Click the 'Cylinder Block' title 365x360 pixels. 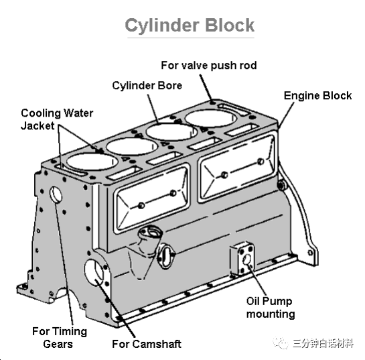point(190,25)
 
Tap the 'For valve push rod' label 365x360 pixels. point(209,66)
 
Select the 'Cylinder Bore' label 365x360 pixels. point(147,86)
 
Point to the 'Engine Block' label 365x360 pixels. point(317,96)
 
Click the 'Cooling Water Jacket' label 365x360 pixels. point(57,119)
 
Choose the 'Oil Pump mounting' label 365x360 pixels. point(271,308)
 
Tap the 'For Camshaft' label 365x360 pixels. point(147,344)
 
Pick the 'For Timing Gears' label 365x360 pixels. point(60,337)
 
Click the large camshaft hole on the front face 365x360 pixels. point(94,272)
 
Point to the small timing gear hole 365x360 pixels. point(56,194)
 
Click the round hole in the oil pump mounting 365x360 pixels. point(246,260)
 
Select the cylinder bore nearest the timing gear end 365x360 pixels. point(92,162)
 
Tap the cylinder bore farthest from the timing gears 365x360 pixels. point(211,119)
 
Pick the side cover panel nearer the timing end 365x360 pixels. point(152,198)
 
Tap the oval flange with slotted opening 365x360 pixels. point(166,256)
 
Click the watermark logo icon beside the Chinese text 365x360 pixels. point(281,343)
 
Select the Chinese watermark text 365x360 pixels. point(323,343)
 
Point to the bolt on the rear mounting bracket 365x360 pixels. point(282,186)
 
